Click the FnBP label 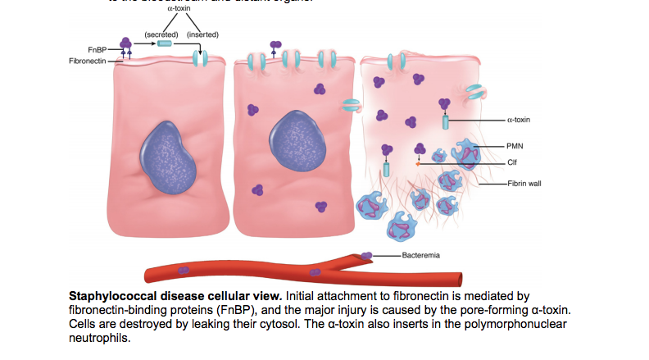click(96, 49)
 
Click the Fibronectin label click(87, 62)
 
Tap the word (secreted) click(162, 34)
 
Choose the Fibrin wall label click(524, 184)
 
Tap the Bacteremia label click(421, 255)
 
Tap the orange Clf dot click(418, 163)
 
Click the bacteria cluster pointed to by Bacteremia click(366, 256)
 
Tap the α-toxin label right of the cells click(519, 120)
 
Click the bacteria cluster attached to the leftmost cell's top click(126, 43)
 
